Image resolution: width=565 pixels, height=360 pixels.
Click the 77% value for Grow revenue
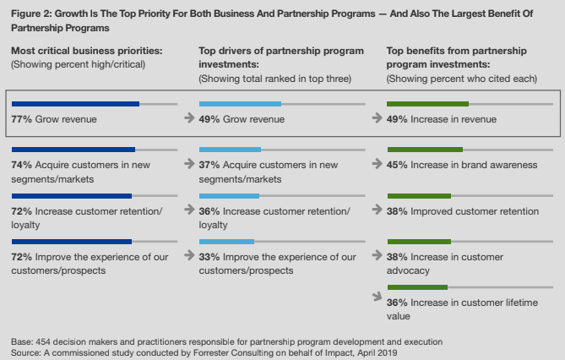[21, 119]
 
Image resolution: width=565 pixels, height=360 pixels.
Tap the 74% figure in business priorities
[21, 166]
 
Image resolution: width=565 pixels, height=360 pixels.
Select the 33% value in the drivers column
[209, 257]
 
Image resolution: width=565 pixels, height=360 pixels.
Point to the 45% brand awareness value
[398, 166]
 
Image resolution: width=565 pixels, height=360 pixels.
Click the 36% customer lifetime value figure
[398, 303]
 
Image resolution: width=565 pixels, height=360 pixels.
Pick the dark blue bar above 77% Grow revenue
[75, 104]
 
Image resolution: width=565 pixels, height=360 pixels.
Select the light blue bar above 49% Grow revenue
[240, 104]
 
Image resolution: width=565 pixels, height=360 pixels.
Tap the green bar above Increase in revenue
[427, 104]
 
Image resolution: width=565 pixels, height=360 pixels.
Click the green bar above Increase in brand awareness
[425, 150]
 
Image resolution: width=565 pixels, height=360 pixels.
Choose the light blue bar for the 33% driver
[226, 242]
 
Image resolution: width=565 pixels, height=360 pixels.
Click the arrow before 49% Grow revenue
[189, 119]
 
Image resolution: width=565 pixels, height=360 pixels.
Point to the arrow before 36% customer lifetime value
[378, 303]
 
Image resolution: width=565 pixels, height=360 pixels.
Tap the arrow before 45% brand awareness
[378, 166]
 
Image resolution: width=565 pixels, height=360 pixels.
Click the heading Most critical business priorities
[86, 51]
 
